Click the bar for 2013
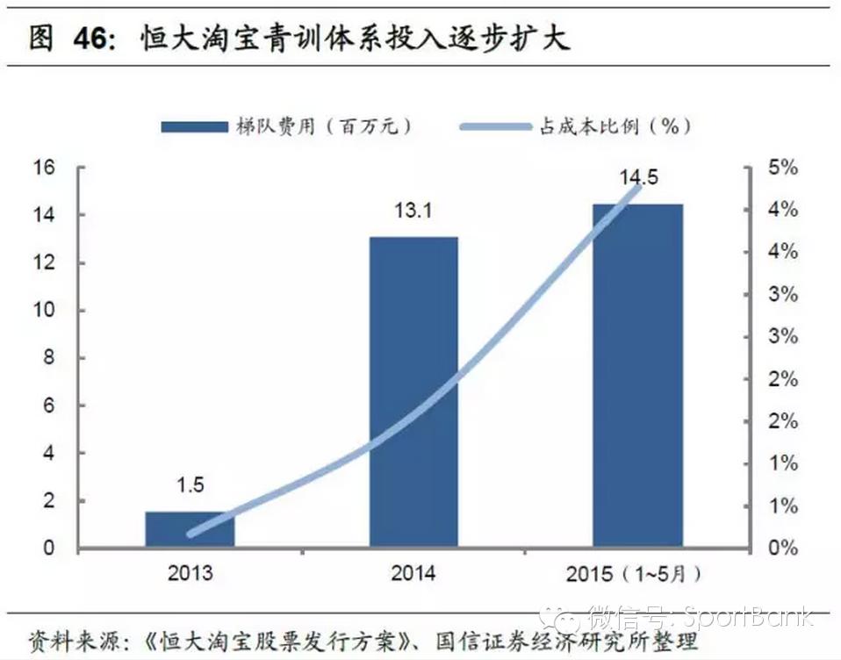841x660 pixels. click(x=190, y=528)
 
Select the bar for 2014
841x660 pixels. click(x=413, y=391)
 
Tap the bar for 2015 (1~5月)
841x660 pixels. click(x=637, y=375)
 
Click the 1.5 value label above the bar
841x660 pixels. click(x=190, y=484)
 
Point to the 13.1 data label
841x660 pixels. click(x=413, y=211)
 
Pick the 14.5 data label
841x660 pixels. click(x=638, y=178)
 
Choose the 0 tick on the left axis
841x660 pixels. click(x=49, y=549)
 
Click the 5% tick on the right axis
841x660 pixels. click(x=782, y=168)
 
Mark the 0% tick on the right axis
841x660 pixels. click(x=782, y=549)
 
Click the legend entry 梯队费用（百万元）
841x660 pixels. click(x=290, y=126)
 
